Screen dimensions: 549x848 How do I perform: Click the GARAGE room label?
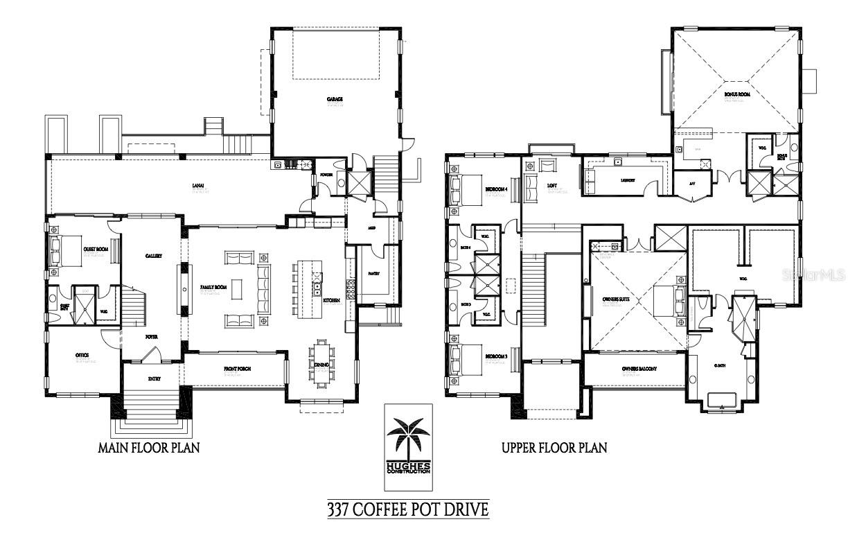335,99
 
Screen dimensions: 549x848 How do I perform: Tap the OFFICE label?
82,355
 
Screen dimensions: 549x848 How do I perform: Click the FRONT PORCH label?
236,368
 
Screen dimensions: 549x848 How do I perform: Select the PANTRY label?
373,273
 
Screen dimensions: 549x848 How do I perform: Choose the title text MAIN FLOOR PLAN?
149,448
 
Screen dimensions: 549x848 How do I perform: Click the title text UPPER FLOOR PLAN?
554,448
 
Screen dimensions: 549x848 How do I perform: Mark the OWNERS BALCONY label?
634,369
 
